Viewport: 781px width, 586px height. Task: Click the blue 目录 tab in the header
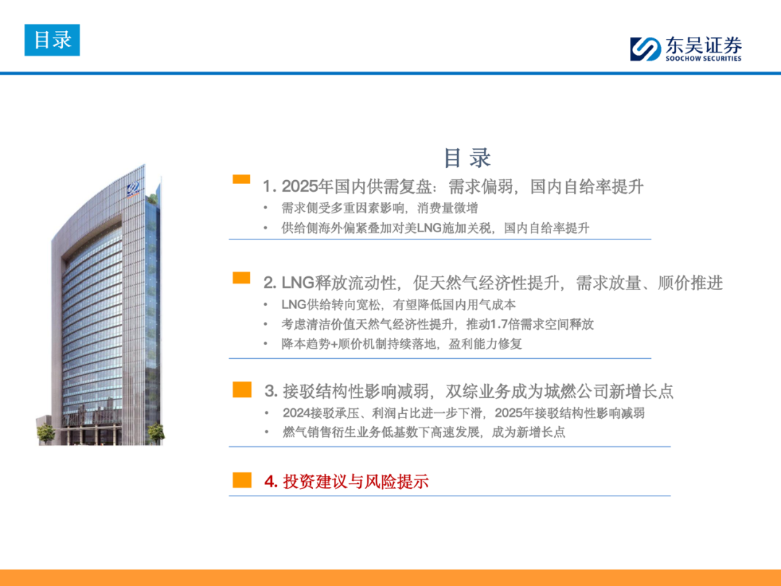[52, 40]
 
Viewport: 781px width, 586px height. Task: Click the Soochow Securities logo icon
[645, 49]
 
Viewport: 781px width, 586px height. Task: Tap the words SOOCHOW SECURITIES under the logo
[704, 59]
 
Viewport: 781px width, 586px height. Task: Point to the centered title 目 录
[467, 158]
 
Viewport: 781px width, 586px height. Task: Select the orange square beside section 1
[242, 179]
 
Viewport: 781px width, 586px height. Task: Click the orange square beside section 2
[242, 278]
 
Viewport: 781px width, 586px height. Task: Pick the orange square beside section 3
[242, 390]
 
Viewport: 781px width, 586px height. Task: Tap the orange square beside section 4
[242, 480]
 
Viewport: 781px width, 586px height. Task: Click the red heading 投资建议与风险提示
[356, 481]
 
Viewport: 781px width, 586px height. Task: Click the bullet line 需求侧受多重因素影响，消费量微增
[380, 208]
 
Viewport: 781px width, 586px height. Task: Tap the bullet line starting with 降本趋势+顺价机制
[401, 344]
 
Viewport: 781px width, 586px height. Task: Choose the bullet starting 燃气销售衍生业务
[424, 432]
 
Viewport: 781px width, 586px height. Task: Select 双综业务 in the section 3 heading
[478, 391]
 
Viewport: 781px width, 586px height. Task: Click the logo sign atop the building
[133, 190]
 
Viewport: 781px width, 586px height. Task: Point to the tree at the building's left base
[46, 433]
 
